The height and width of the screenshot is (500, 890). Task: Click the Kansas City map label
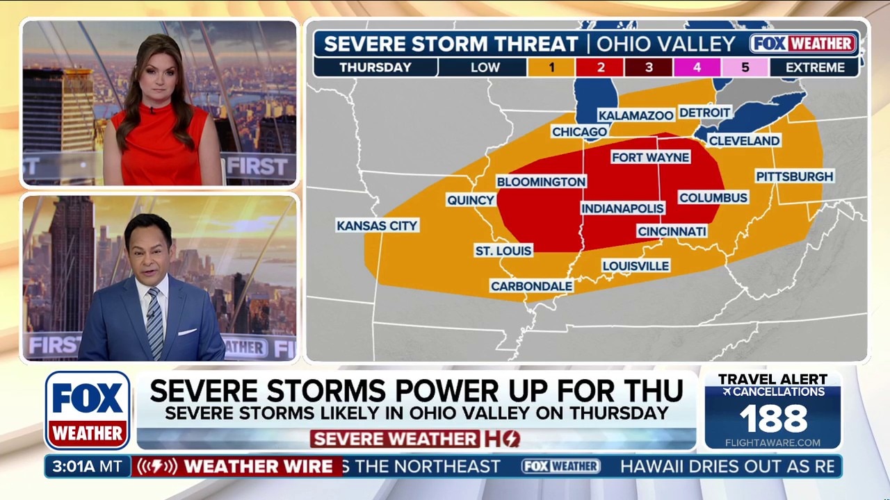pos(377,226)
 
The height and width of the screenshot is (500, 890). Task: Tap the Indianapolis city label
pos(622,208)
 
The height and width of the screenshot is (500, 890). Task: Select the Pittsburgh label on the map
pos(795,176)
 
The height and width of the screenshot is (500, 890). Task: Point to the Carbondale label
pos(532,286)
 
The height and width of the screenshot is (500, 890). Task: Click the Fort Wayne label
pos(650,158)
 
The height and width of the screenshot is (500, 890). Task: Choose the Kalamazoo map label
pos(636,115)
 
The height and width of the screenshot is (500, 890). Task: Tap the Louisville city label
pos(636,266)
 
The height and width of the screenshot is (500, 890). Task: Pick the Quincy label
pos(471,200)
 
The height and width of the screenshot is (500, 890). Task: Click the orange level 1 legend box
pos(551,67)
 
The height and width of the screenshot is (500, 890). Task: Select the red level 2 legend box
pos(599,67)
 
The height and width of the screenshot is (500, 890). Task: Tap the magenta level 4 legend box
pos(696,67)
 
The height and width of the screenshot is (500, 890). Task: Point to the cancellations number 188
pos(773,419)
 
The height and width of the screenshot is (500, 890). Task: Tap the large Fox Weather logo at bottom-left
pos(88,410)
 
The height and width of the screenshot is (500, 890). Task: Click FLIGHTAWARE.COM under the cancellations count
pos(772,442)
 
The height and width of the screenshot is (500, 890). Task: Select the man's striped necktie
pos(154,324)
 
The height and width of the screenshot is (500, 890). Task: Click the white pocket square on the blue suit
pos(187,331)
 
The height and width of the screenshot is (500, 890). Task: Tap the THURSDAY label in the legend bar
pos(375,67)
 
